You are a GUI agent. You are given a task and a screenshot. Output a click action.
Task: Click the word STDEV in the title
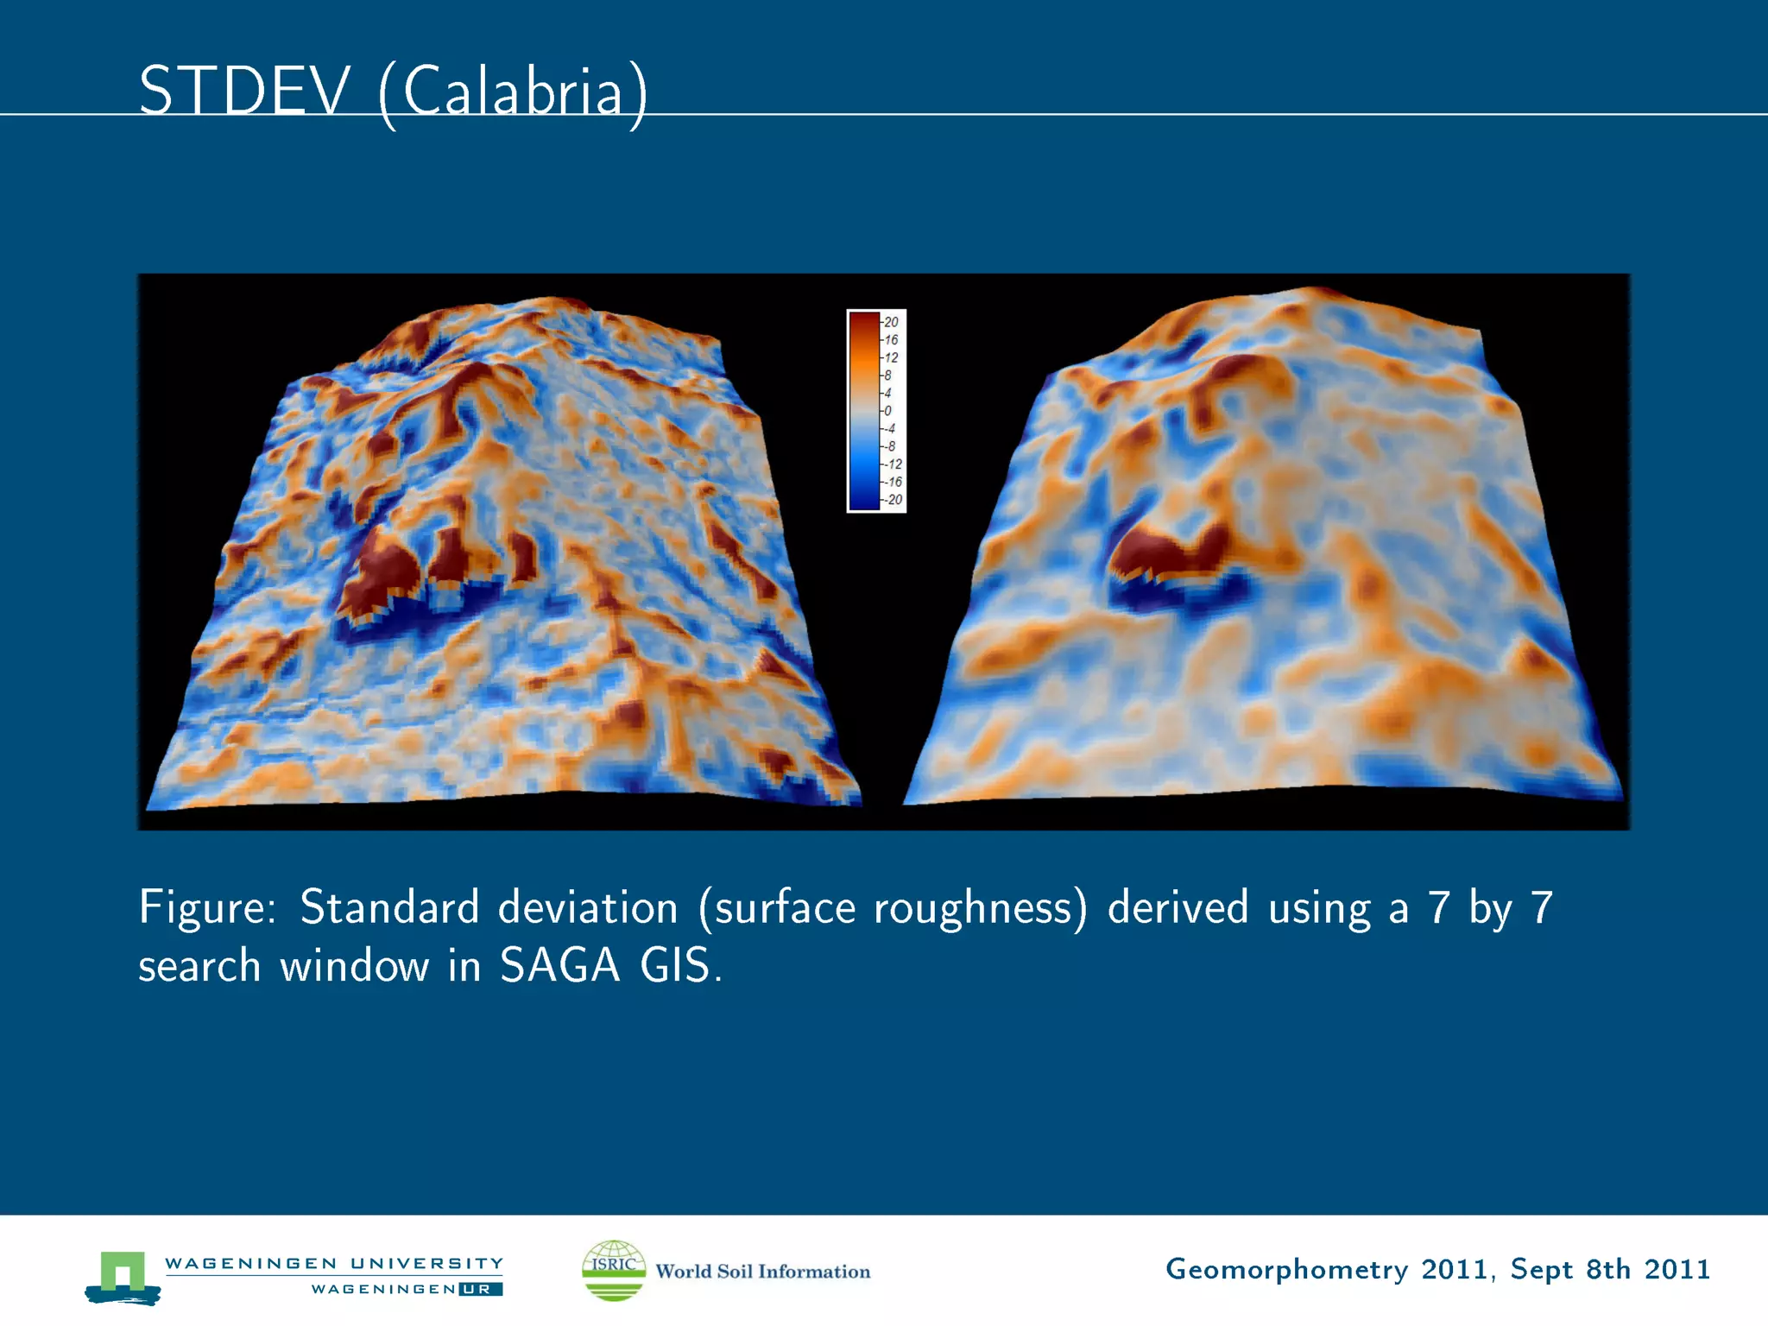244,92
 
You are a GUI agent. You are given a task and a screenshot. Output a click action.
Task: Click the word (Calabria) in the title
513,93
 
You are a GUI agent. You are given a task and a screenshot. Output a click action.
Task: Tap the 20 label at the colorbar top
891,322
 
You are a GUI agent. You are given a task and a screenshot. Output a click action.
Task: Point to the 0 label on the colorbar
887,411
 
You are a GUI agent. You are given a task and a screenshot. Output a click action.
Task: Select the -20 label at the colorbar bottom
893,500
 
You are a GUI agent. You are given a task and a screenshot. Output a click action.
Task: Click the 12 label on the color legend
891,357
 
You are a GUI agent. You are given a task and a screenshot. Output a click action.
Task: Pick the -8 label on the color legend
889,446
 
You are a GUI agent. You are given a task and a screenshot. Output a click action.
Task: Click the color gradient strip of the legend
863,411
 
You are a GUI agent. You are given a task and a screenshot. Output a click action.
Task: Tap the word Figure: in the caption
207,908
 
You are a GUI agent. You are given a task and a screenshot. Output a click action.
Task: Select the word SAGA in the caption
559,965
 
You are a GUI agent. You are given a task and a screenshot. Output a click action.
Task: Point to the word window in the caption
354,965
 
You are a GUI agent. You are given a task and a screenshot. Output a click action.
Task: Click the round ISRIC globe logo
614,1270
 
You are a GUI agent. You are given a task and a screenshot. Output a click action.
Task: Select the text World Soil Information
762,1272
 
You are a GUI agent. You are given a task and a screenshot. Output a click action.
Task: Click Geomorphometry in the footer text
1286,1269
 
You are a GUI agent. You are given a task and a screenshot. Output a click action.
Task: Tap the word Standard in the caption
388,908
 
